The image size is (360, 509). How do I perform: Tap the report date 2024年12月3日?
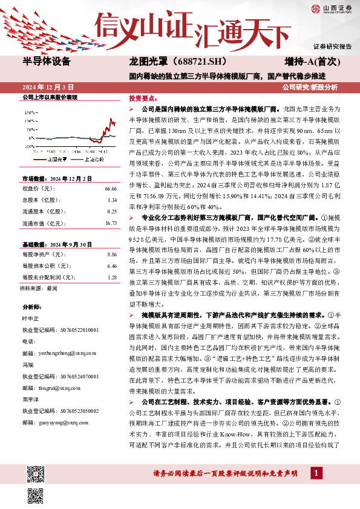(48, 87)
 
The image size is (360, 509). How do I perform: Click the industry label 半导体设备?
(47, 62)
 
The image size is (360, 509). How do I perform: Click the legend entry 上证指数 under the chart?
(91, 159)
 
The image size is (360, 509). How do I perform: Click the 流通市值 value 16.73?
(110, 223)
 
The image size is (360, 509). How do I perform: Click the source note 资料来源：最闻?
(39, 289)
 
